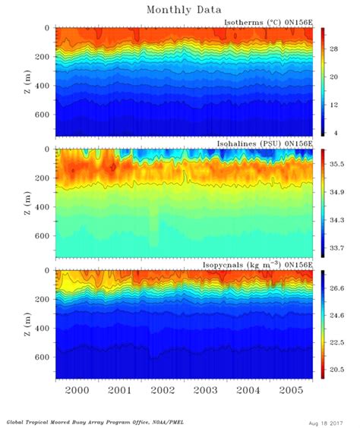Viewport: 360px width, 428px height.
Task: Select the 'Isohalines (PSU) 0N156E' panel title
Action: (x=267, y=144)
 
